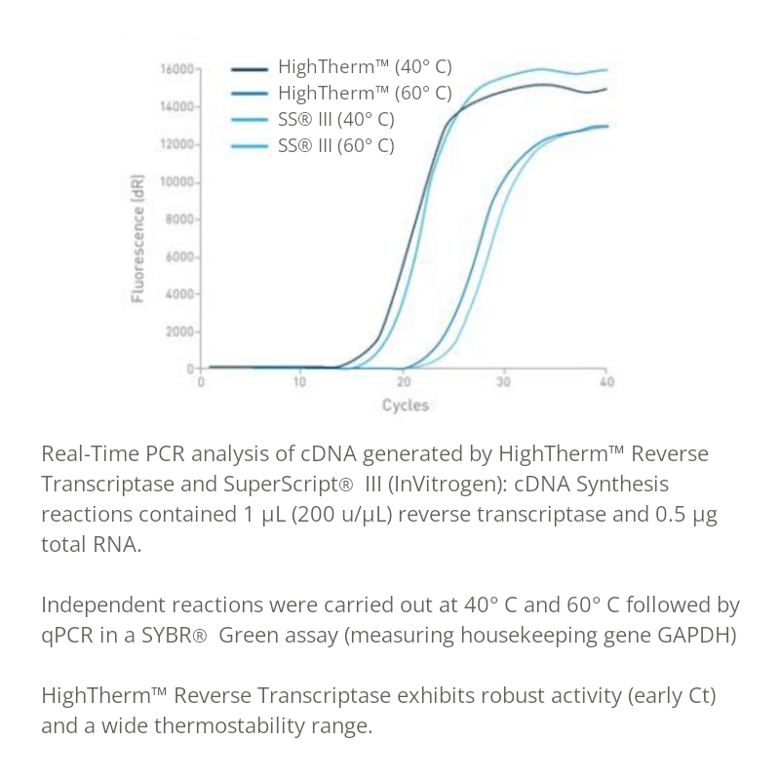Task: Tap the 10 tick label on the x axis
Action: click(300, 382)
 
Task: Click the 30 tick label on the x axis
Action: click(503, 382)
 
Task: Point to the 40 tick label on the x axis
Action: click(605, 382)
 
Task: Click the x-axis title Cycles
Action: click(405, 405)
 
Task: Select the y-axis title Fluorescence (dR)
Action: click(138, 238)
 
